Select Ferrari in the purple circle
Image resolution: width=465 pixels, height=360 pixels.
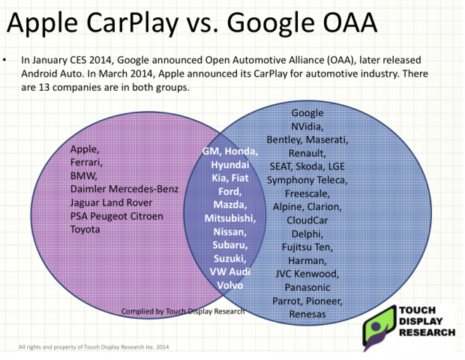coord(86,163)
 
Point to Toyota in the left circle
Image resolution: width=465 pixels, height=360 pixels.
coord(85,229)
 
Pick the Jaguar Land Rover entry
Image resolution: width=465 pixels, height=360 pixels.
coord(111,202)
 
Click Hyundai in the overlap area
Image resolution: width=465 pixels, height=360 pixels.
coord(230,164)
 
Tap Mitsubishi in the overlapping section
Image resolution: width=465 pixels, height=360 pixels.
coord(230,218)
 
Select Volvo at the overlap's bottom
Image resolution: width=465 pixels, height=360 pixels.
coord(230,285)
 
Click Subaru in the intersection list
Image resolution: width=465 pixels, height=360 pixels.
coord(230,245)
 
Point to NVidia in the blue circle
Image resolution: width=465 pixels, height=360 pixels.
coord(307,126)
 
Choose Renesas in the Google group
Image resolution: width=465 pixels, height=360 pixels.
coord(307,314)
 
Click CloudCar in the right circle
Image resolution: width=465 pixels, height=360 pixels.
coord(307,220)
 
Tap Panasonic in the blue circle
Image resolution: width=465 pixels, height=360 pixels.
coord(307,287)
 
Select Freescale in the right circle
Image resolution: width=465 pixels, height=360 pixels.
coord(307,193)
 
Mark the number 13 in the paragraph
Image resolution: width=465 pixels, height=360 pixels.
coord(44,88)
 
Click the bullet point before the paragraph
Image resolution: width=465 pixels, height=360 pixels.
coord(4,60)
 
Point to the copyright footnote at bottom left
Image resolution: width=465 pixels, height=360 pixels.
coord(94,347)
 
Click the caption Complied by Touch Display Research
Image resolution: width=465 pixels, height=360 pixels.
coord(183,311)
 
